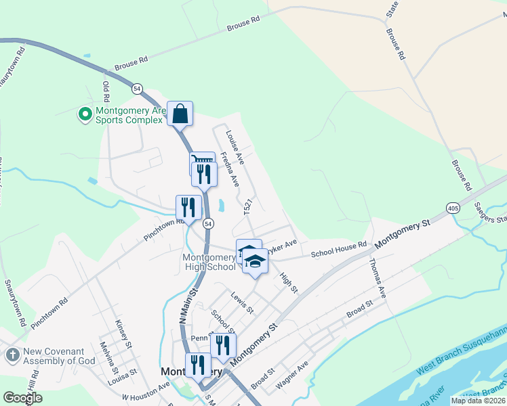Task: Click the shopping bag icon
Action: tap(180, 114)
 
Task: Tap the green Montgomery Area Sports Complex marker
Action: tap(85, 114)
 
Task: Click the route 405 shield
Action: tap(453, 208)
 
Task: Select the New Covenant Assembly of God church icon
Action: tap(12, 355)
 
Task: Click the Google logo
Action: tap(22, 398)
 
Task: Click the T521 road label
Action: tap(248, 207)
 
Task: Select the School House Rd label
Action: tap(338, 249)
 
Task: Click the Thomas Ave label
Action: tap(377, 278)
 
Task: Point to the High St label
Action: tap(289, 281)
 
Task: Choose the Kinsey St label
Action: tap(122, 333)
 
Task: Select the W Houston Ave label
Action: tap(146, 392)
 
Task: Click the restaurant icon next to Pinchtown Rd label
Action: tap(188, 208)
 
